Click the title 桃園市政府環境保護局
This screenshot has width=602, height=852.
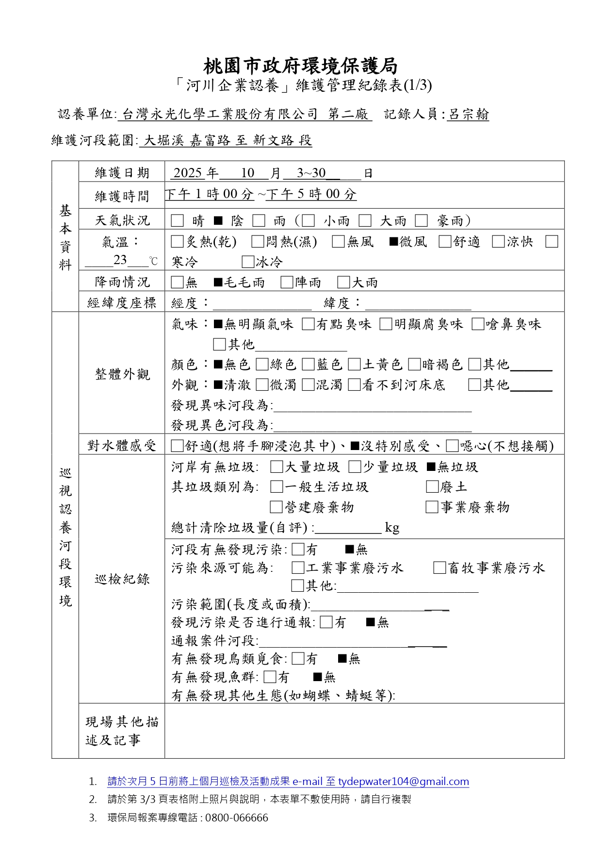coord(300,66)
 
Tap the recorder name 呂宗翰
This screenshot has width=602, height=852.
coord(468,115)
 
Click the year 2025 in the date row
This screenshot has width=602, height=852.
coord(187,173)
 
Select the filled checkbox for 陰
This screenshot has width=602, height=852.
coord(218,221)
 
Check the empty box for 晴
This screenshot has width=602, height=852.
coord(178,221)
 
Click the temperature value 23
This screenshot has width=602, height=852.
coord(120,260)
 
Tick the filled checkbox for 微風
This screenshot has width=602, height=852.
coord(394,241)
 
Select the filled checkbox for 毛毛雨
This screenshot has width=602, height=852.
coord(218,282)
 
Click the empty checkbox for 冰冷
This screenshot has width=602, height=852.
coord(248,262)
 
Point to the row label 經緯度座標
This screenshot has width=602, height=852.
coord(122,303)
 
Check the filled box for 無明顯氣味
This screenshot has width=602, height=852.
coord(218,324)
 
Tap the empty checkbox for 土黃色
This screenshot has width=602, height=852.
coord(355,364)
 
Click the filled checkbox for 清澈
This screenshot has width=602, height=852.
coord(218,385)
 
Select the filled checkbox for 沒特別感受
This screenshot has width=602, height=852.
coord(355,446)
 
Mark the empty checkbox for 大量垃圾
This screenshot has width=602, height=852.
coord(277,467)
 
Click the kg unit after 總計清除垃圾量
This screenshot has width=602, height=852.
coord(392,528)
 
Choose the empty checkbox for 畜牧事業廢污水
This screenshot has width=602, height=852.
coord(439,568)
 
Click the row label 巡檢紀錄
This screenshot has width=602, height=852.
coord(122,579)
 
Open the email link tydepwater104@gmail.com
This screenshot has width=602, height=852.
coord(403,782)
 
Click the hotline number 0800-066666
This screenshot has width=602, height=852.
coord(237,818)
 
